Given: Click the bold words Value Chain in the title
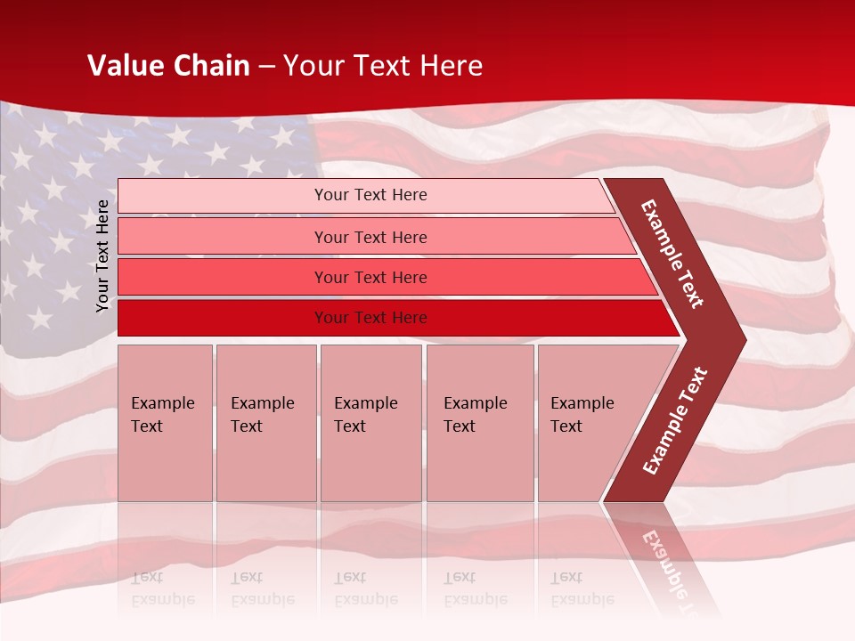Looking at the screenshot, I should click(168, 66).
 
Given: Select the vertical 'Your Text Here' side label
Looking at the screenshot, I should click(102, 256).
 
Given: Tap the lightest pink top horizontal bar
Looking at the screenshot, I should click(370, 195).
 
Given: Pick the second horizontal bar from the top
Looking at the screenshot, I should click(370, 237).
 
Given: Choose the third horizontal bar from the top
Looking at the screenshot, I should click(370, 277).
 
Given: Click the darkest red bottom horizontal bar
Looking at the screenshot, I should click(370, 318).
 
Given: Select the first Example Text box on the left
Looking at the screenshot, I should click(165, 423).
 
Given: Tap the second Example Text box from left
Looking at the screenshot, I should click(265, 423).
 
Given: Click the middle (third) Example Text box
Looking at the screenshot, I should click(370, 423).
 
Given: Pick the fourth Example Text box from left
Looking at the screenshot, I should click(479, 423).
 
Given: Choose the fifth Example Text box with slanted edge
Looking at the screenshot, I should click(588, 423).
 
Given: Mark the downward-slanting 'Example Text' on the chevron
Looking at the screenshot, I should click(672, 254).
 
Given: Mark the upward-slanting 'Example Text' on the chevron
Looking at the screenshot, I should click(675, 421).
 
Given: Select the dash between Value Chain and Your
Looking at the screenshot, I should click(266, 67).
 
